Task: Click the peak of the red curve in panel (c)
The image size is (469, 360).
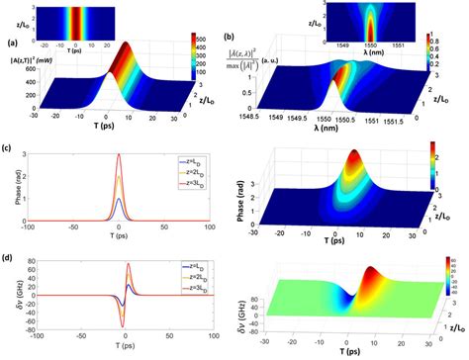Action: (x=119, y=154)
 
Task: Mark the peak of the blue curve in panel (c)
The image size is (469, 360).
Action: (x=119, y=199)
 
